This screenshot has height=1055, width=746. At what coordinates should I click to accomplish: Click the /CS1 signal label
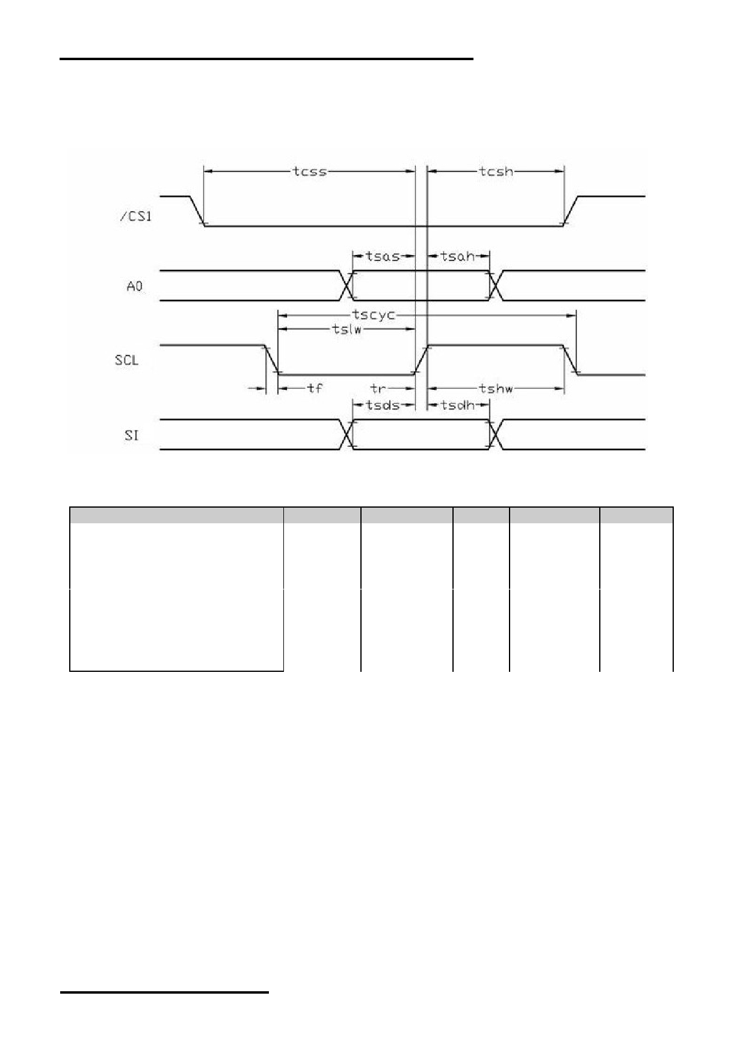point(135,216)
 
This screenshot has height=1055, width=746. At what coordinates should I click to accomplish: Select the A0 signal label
point(135,286)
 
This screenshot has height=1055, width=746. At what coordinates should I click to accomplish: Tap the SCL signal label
point(127,360)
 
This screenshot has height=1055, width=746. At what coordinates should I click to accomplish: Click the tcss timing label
point(310,171)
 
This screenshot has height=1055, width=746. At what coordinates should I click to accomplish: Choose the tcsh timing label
point(496,171)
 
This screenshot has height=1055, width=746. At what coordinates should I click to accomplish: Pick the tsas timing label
point(383,256)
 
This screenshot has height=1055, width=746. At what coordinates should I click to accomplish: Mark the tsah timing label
point(458,256)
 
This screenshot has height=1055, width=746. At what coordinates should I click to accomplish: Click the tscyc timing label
point(374,315)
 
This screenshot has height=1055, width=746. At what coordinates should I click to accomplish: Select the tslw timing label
point(347,329)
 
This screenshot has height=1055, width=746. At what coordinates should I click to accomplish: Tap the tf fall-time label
point(315,388)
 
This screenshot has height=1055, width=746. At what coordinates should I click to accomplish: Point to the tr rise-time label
point(378,388)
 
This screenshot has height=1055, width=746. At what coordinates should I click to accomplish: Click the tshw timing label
point(496,389)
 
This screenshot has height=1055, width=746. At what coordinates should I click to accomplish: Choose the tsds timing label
point(383,405)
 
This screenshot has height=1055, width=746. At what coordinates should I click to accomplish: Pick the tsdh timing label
point(458,405)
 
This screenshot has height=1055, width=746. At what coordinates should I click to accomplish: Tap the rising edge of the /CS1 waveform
point(570,211)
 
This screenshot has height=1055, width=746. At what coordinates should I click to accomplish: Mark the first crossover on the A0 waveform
point(347,286)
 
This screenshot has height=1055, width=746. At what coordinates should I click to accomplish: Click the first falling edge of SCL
point(272,360)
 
